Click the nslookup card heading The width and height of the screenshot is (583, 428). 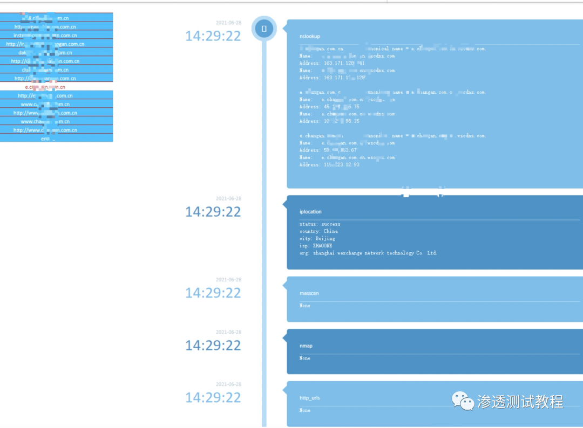coord(310,36)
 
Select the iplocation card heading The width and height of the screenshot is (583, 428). coord(310,212)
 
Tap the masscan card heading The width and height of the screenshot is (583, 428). coord(309,293)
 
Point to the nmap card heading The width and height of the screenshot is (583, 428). coord(306,346)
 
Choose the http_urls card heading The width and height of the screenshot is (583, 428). coord(310,398)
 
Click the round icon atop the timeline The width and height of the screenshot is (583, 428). coord(264,29)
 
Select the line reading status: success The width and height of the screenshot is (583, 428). coord(320,224)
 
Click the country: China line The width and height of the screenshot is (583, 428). coord(318,231)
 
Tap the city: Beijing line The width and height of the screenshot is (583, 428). coord(317,238)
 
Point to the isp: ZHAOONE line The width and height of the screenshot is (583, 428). coord(316,246)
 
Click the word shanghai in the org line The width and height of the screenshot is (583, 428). coord(325,253)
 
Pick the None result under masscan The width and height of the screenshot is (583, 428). coord(305,306)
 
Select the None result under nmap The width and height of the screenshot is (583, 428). coord(305,358)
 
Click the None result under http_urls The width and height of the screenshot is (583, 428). coord(305,410)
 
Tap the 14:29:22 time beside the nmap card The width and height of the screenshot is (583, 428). coord(213,345)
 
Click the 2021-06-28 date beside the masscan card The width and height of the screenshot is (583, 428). coord(228,280)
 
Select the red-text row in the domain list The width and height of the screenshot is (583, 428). coord(45,87)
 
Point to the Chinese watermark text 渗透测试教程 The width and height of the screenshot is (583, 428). coord(520,402)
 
